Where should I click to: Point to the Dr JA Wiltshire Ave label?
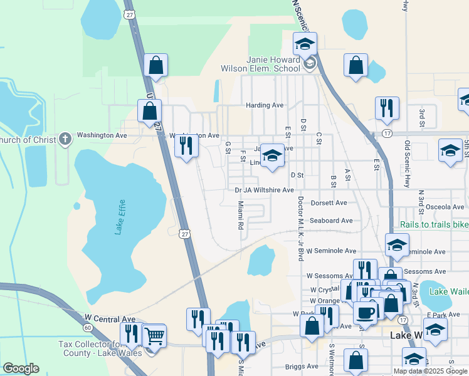coord(264,190)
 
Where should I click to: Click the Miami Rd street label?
coord(240,215)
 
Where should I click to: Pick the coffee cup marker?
coord(365,312)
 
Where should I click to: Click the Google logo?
coord(21,368)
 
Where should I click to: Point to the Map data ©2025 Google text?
coord(430,370)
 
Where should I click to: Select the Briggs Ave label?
coord(302,366)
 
